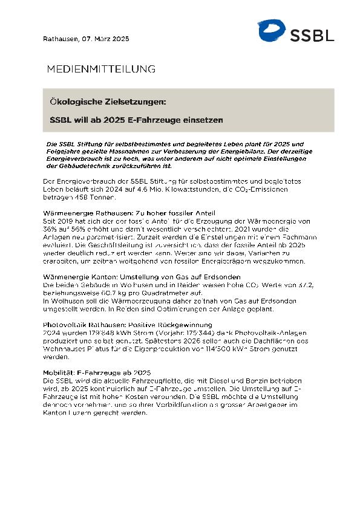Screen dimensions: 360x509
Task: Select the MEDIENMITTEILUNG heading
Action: coord(101,69)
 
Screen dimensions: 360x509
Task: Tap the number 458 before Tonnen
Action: coord(79,198)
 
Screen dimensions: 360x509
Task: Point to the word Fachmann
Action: coord(289,238)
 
